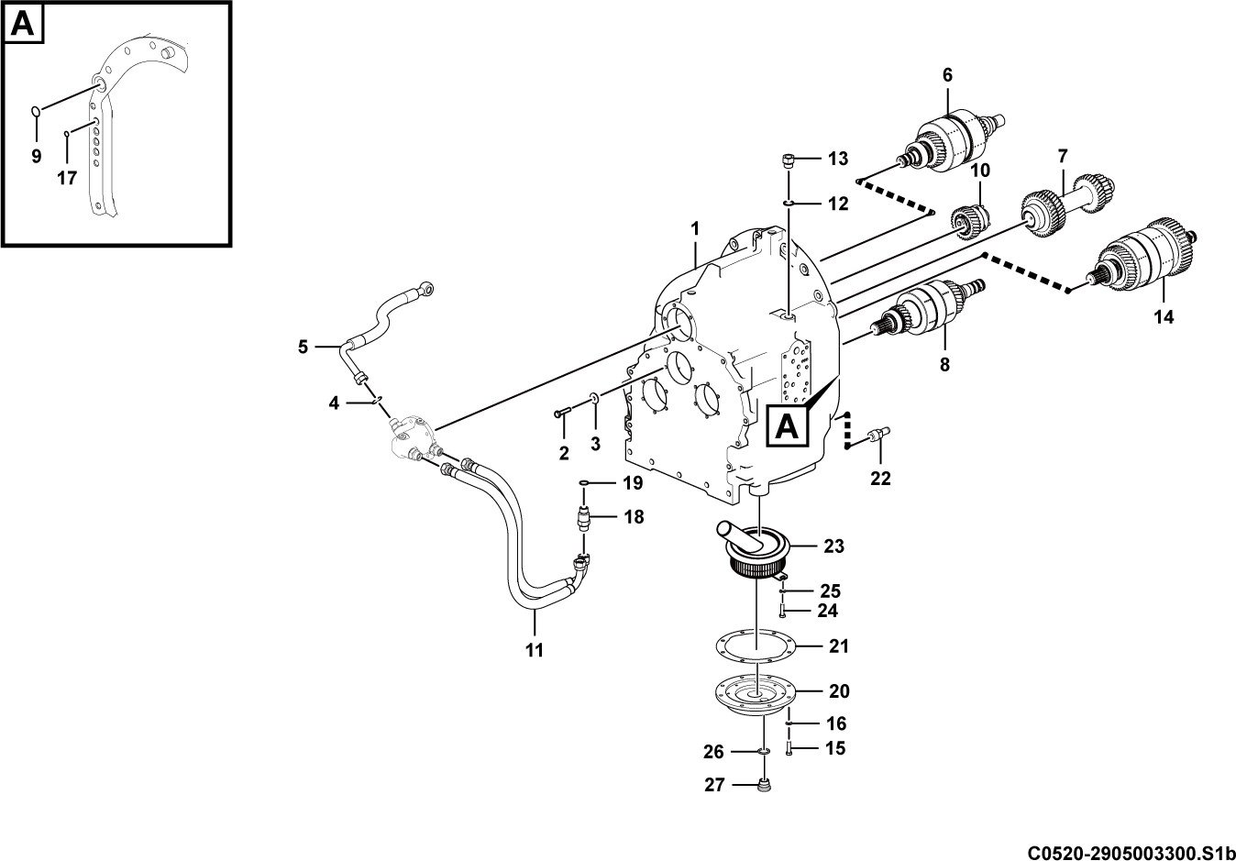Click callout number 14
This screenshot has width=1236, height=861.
pyautogui.click(x=1164, y=317)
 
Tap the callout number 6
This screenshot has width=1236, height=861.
pyautogui.click(x=947, y=75)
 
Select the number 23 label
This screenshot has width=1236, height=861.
pyautogui.click(x=833, y=546)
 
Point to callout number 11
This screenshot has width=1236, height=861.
pyautogui.click(x=535, y=651)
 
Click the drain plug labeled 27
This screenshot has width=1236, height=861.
pyautogui.click(x=765, y=785)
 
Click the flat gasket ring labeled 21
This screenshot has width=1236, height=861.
pyautogui.click(x=756, y=646)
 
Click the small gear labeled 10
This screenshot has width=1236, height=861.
pyautogui.click(x=970, y=222)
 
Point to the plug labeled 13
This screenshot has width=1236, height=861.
pyautogui.click(x=788, y=160)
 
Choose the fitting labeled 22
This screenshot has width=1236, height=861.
pyautogui.click(x=877, y=436)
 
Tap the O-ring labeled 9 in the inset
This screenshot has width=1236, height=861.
pyautogui.click(x=35, y=111)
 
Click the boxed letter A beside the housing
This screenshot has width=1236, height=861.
pyautogui.click(x=787, y=427)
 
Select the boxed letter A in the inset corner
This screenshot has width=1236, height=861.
pyautogui.click(x=23, y=23)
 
